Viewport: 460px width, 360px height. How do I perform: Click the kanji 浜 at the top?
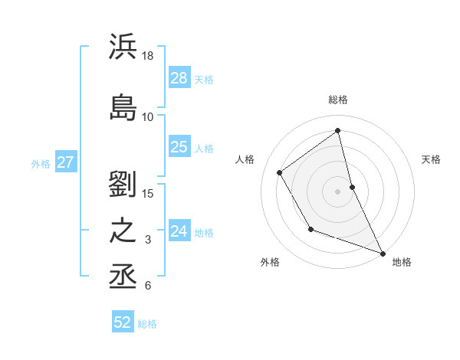pyautogui.click(x=123, y=47)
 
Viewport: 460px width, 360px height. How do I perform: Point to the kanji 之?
pyautogui.click(x=123, y=231)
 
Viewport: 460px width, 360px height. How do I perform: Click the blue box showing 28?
pyautogui.click(x=179, y=77)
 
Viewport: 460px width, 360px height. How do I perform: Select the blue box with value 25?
pyautogui.click(x=179, y=147)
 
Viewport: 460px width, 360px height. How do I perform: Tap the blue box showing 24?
pyautogui.click(x=179, y=231)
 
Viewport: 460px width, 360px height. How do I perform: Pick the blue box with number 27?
pyautogui.click(x=66, y=162)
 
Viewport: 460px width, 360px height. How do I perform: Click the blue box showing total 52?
pyautogui.click(x=123, y=322)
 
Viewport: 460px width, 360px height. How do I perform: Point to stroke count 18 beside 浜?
pyautogui.click(x=148, y=56)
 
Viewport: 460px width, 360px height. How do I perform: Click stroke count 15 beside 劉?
pyautogui.click(x=148, y=192)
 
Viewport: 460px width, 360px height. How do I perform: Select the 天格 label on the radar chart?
pyautogui.click(x=432, y=159)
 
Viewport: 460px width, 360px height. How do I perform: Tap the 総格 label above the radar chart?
pyautogui.click(x=338, y=100)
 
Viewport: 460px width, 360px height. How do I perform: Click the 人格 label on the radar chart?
pyautogui.click(x=245, y=159)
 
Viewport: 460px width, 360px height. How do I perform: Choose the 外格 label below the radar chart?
pyautogui.click(x=270, y=262)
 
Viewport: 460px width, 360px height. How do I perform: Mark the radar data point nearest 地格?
pyautogui.click(x=383, y=254)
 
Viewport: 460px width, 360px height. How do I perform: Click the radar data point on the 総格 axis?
pyautogui.click(x=338, y=130)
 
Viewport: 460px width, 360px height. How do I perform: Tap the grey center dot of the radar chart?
pyautogui.click(x=338, y=191)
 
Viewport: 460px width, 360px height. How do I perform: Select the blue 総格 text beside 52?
pyautogui.click(x=147, y=324)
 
